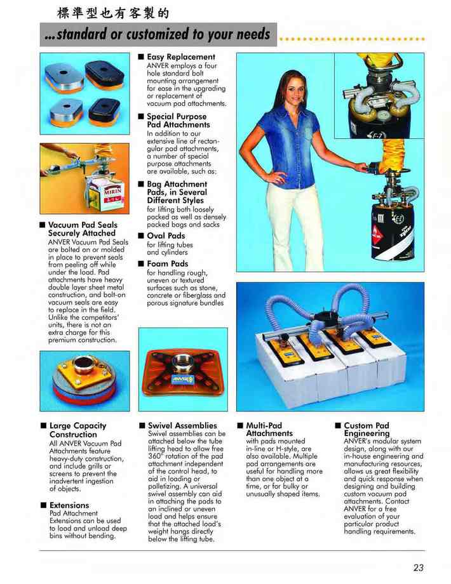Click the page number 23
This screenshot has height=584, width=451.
(x=418, y=567)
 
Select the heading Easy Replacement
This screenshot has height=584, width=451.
(x=181, y=57)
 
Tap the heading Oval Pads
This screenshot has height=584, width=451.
(x=166, y=236)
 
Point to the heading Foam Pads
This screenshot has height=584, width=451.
(x=167, y=263)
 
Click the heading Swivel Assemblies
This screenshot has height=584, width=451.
(x=182, y=425)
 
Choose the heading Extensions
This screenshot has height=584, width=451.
(x=69, y=505)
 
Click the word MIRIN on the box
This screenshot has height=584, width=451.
(x=112, y=192)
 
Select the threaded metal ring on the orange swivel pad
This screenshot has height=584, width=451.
(x=183, y=361)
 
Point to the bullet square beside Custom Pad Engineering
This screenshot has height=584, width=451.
(x=338, y=425)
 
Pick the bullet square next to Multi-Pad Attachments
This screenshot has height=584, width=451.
(x=240, y=425)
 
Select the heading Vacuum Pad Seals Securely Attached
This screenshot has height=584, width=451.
(x=83, y=229)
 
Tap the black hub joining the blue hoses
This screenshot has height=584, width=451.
(x=327, y=318)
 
